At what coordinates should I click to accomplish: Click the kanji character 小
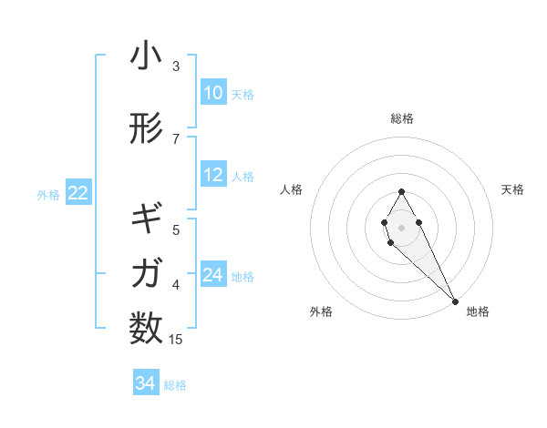click(x=146, y=56)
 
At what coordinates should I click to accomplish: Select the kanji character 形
click(x=146, y=128)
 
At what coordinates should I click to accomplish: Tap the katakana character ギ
click(x=146, y=219)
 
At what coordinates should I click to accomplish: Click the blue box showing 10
click(x=212, y=93)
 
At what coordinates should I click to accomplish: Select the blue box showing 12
click(x=212, y=175)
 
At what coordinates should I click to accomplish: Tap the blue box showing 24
click(x=212, y=275)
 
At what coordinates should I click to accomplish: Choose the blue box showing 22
click(x=77, y=192)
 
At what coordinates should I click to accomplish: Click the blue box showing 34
click(x=145, y=383)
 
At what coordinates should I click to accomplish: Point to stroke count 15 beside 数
click(x=176, y=340)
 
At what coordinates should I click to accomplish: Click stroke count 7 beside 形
click(x=176, y=138)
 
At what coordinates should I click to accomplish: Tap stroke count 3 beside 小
click(x=176, y=66)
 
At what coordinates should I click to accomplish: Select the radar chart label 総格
click(x=402, y=118)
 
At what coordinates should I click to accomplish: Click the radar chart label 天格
click(x=513, y=189)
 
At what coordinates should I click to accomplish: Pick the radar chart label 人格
click(x=291, y=189)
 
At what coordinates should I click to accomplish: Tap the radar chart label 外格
click(x=320, y=311)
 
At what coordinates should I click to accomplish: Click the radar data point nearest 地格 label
click(x=455, y=301)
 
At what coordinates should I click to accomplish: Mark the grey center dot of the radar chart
click(x=402, y=227)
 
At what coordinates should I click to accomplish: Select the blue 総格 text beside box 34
click(x=175, y=385)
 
